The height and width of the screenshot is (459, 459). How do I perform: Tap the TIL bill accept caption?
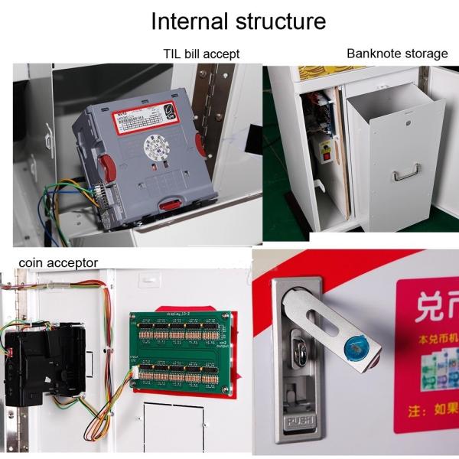pos(201,54)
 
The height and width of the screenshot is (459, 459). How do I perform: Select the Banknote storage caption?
pos(397,54)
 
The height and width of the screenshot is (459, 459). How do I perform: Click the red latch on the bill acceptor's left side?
pos(109,168)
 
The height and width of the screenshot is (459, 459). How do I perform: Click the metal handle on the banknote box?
pos(405,175)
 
